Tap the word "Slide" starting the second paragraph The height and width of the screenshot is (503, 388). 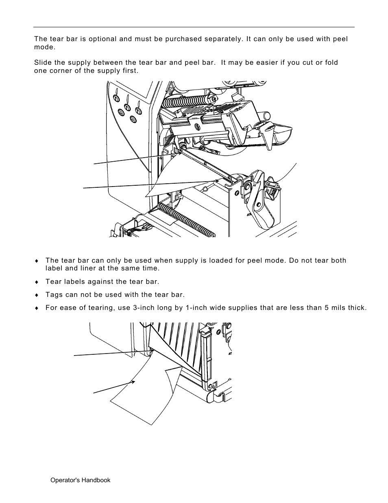click(43, 63)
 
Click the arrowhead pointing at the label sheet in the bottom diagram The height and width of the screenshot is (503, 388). click(133, 382)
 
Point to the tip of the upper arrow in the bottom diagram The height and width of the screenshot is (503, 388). click(150, 350)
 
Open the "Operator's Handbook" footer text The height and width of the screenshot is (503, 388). click(80, 480)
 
